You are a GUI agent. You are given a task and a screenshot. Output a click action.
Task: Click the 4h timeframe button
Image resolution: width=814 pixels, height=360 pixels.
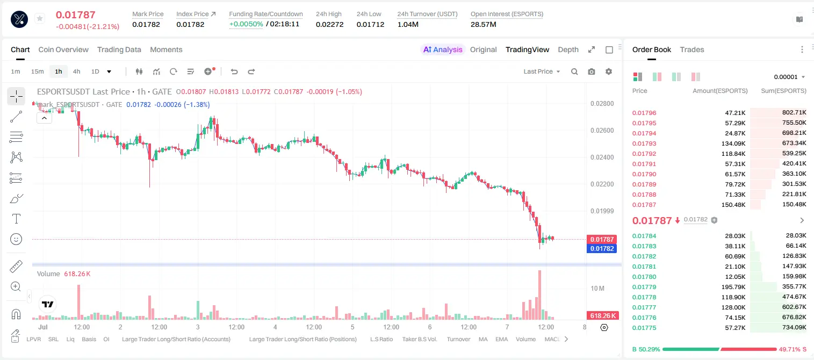click(x=76, y=71)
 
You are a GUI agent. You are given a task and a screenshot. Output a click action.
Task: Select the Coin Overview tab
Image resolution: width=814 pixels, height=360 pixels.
click(x=63, y=49)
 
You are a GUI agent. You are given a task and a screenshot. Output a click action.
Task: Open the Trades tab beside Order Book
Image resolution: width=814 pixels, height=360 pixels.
click(x=692, y=49)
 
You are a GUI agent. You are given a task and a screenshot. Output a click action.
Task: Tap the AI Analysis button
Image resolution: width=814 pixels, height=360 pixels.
click(x=443, y=49)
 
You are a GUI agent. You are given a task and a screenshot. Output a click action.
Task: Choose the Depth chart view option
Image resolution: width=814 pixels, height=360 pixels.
click(x=568, y=49)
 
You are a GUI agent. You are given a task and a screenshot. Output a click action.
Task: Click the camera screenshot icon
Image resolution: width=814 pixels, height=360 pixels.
click(x=592, y=71)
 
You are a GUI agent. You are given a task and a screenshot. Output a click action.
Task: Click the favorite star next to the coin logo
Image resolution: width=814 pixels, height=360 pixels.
click(x=40, y=18)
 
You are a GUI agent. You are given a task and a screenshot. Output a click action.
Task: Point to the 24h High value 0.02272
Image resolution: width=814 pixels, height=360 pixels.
click(x=329, y=24)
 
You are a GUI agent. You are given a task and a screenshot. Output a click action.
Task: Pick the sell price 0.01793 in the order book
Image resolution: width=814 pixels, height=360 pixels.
click(x=644, y=143)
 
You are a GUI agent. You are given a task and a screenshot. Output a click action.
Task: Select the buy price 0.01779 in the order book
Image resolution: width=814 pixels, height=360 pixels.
click(x=644, y=287)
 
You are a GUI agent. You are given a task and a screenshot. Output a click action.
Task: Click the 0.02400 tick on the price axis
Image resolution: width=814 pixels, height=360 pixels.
click(x=602, y=157)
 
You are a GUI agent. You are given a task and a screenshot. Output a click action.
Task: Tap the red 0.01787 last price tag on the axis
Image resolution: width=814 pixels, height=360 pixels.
click(x=602, y=240)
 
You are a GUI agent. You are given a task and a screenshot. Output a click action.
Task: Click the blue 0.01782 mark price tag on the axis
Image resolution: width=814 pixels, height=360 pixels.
click(x=602, y=248)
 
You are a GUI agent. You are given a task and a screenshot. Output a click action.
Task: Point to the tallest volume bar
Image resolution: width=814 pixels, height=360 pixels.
click(x=539, y=295)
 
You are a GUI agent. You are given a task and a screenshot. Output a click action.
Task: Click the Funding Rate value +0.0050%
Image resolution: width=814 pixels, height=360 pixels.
click(x=246, y=24)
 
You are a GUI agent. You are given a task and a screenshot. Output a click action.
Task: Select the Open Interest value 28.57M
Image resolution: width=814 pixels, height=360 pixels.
click(x=484, y=24)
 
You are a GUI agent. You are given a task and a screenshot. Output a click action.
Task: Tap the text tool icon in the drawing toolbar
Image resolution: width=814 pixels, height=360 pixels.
click(x=16, y=219)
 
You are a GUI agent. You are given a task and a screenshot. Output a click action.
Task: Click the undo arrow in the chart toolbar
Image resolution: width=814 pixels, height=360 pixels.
click(x=234, y=71)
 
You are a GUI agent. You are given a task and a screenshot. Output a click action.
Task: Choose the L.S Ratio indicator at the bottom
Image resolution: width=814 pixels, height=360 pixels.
click(x=381, y=339)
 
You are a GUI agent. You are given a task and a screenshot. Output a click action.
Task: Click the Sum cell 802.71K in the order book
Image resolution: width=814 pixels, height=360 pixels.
click(x=794, y=113)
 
